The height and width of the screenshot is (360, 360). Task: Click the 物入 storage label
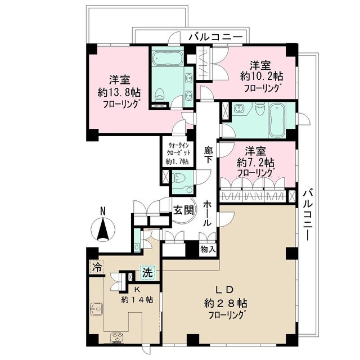(x=206, y=247)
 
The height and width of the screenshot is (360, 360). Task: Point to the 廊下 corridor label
(x=208, y=155)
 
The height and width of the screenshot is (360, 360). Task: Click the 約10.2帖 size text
(x=263, y=76)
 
